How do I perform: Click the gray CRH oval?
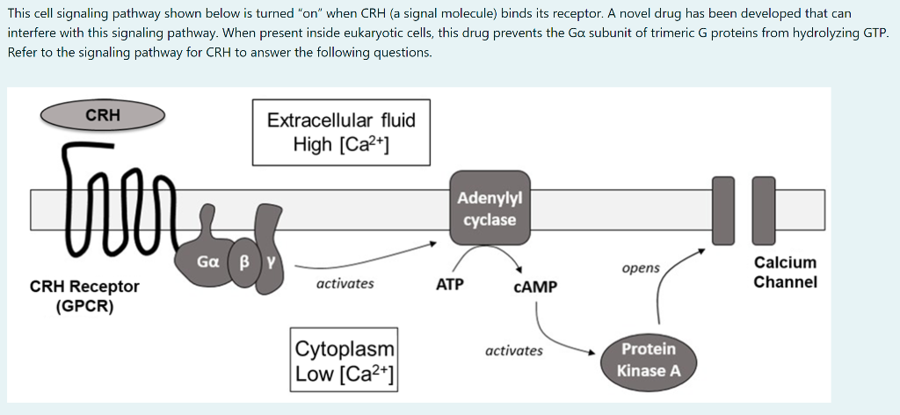103,115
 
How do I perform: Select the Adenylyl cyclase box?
490,207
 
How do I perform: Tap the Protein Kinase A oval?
648,360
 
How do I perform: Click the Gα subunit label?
208,262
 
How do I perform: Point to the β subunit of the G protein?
245,262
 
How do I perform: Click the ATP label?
450,285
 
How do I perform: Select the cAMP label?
535,287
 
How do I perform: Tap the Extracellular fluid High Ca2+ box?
341,132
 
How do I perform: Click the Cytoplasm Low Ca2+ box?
345,361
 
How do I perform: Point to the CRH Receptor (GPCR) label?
84,296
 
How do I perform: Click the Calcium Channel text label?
785,273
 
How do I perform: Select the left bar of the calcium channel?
722,210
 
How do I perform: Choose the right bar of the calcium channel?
764,210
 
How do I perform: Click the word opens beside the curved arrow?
640,268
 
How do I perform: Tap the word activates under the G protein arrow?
345,283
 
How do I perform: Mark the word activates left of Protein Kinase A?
513,351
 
